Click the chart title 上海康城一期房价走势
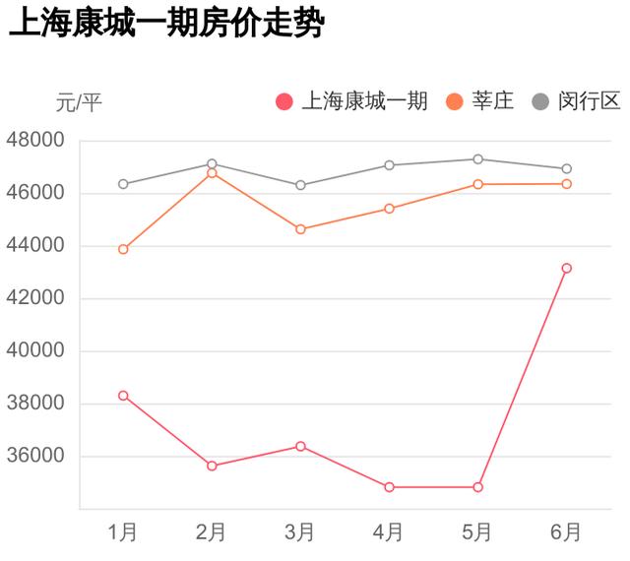point(165,25)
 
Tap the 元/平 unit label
point(79,101)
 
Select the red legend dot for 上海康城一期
point(285,101)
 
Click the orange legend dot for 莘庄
point(455,101)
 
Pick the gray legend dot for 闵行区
point(540,101)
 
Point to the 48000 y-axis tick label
point(35,141)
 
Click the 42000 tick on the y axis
point(35,298)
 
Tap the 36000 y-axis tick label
point(35,456)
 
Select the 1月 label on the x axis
point(123,532)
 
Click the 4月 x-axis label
point(389,532)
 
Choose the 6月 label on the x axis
point(566,532)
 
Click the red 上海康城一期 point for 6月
point(566,268)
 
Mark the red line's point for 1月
point(123,396)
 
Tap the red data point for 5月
point(477,487)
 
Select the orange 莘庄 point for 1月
point(123,249)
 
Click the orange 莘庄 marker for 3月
point(300,229)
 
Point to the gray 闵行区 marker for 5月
point(477,158)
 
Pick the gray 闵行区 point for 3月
point(300,185)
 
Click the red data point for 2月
point(212,466)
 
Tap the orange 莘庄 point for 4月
point(389,209)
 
